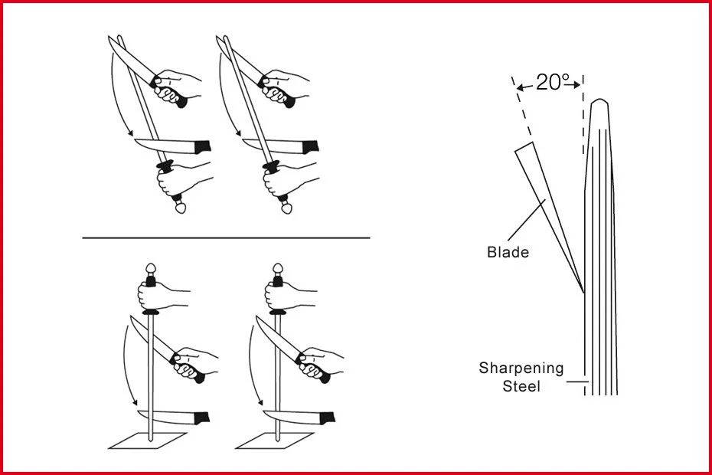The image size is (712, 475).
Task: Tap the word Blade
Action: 508,252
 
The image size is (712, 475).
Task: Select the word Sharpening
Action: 521,369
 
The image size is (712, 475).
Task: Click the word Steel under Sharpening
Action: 521,386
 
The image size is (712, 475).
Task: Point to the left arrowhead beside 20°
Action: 521,87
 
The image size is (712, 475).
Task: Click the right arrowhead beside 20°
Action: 577,84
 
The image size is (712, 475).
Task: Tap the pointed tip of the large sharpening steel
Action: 600,99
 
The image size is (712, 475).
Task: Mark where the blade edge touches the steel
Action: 583,293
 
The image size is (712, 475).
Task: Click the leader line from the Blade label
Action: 526,221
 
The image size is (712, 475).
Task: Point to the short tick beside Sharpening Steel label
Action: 577,382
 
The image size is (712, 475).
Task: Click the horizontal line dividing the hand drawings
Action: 226,237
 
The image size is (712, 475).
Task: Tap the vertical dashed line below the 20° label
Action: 583,115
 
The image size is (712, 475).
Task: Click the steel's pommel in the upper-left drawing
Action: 180,208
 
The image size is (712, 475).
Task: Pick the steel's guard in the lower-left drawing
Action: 151,313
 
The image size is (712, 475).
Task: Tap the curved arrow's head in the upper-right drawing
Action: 237,133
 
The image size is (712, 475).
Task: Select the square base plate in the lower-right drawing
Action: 275,441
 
